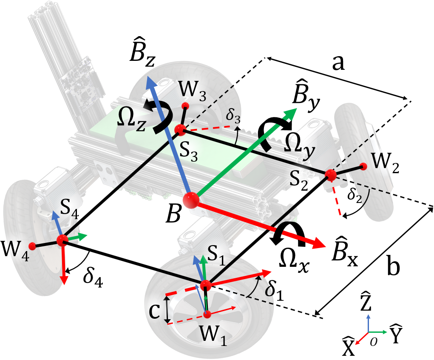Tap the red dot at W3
point(185,106)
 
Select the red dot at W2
point(363,166)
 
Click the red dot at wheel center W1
point(207,314)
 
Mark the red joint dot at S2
point(330,174)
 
